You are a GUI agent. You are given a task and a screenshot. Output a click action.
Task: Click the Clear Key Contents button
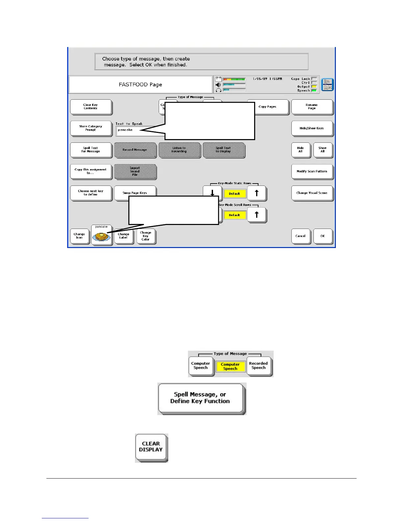pos(91,107)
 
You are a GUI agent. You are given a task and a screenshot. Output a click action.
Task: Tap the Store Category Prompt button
pos(91,128)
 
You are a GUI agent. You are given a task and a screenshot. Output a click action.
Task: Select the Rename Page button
pos(311,107)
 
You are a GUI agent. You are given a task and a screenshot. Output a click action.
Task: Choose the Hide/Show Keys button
pos(311,128)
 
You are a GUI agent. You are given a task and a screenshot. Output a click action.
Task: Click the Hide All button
pos(300,150)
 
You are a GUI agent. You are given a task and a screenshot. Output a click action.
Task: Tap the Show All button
pos(322,150)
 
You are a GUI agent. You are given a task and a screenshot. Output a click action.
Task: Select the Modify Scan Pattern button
pos(311,171)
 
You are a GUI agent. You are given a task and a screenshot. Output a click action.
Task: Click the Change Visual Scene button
pos(311,193)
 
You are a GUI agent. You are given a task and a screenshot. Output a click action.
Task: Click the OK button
pos(322,236)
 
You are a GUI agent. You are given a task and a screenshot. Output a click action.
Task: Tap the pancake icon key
pos(101,236)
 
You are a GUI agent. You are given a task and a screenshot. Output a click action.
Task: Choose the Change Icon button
pos(79,236)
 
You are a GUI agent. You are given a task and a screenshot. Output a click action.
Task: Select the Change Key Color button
pos(145,236)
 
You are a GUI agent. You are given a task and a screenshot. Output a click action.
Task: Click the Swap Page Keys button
pos(135,193)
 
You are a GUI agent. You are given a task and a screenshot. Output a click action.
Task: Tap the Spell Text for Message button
pos(91,150)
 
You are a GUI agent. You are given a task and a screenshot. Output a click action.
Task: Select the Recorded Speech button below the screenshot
pos(258,366)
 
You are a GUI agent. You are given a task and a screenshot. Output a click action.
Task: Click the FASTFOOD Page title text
pos(140,85)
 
